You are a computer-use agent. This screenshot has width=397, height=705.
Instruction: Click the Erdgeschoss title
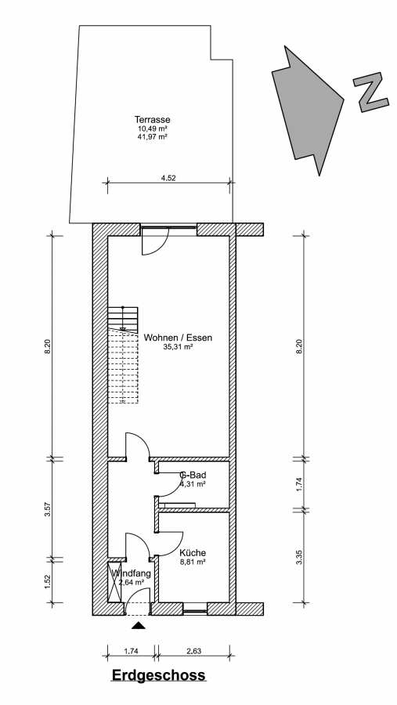click(x=158, y=675)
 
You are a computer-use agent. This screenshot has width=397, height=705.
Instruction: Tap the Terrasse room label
click(x=153, y=120)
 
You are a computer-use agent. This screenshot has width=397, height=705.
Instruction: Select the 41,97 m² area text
click(x=153, y=136)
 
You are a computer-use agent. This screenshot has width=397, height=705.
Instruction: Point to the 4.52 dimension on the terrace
click(x=168, y=178)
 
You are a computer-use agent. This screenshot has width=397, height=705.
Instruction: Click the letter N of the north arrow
click(x=371, y=93)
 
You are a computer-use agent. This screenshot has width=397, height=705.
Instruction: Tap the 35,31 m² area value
click(x=178, y=347)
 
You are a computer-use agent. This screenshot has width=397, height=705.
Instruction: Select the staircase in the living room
click(x=123, y=355)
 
